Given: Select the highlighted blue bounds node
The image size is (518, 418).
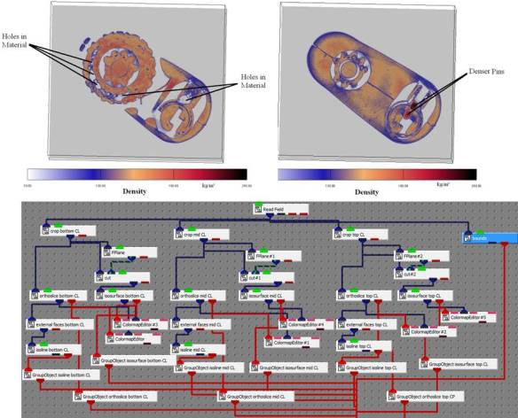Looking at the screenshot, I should click(488, 237).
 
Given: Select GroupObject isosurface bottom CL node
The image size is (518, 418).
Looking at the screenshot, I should click(132, 360).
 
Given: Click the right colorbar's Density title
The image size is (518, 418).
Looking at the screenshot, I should click(366, 190).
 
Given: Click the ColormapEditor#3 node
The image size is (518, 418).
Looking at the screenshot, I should click(137, 326).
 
